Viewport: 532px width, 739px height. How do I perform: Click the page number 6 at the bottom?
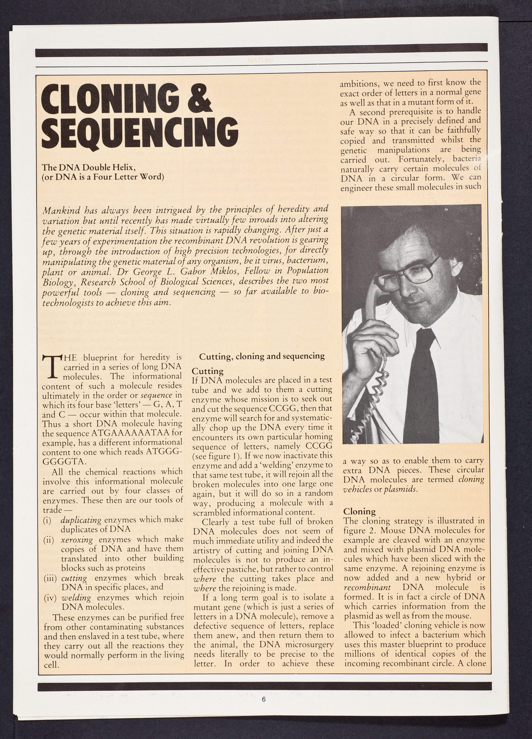pyautogui.click(x=264, y=716)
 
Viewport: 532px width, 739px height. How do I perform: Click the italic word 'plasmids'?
pyautogui.click(x=396, y=490)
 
